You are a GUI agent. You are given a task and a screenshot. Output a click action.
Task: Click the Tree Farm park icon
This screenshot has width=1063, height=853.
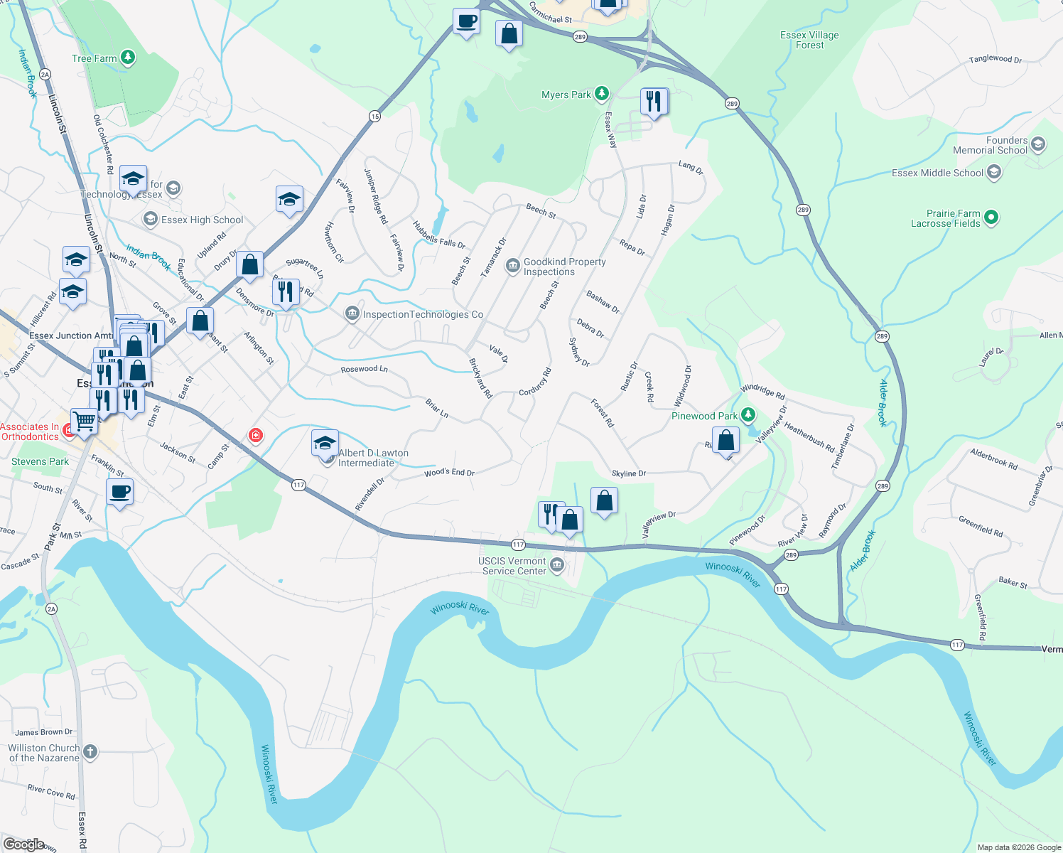tap(128, 58)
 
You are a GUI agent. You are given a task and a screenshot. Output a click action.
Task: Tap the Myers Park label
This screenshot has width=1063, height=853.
tap(566, 95)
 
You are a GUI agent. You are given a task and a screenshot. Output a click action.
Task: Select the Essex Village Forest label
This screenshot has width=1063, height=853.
tap(809, 40)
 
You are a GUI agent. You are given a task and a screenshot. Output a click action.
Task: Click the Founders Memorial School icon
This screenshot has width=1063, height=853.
tap(1037, 144)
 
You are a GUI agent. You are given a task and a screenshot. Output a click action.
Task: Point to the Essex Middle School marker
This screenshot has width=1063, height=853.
tap(994, 172)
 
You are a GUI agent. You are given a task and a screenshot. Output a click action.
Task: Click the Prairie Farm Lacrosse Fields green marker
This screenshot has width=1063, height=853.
tap(992, 218)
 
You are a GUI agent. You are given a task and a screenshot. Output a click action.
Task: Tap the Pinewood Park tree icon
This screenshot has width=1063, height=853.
tap(748, 414)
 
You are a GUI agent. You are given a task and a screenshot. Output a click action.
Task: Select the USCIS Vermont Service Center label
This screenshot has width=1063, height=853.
tap(513, 566)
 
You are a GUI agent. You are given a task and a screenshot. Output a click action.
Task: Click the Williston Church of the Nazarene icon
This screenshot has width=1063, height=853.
tap(90, 751)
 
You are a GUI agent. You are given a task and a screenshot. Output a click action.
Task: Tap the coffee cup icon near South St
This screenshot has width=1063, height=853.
tap(119, 492)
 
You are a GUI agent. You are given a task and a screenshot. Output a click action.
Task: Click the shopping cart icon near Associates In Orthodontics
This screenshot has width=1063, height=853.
tap(84, 421)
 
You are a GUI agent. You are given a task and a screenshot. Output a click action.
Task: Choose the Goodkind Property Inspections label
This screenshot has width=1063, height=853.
tap(564, 267)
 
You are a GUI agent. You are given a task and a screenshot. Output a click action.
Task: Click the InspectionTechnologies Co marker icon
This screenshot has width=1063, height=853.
tap(352, 313)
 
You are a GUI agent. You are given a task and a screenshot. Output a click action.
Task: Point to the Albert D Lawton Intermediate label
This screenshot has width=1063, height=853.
tap(373, 458)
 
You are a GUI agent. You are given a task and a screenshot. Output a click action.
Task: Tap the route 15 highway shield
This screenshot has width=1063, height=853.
tap(374, 116)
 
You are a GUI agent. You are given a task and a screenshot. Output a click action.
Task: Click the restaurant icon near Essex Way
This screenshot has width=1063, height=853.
tap(654, 102)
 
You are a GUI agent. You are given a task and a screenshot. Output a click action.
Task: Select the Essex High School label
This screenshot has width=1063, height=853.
tap(202, 220)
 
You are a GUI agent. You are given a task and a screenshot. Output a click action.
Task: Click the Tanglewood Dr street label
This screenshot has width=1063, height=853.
tap(995, 59)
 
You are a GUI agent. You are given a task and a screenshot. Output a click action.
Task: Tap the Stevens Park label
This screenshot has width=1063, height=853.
tap(40, 461)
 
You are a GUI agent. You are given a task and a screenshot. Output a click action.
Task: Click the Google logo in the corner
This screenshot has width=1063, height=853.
tap(24, 844)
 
